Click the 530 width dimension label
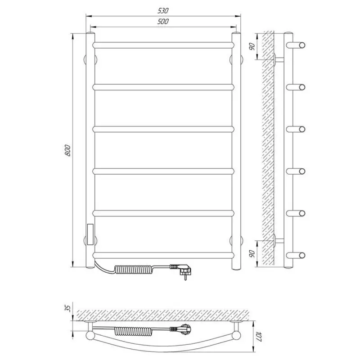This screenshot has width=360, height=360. coord(163,10)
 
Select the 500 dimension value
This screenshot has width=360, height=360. coord(163,21)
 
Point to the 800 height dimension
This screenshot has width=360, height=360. coord(68,150)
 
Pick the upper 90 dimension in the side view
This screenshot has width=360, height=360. coord(252,46)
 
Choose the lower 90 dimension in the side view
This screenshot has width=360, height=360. coord(252,253)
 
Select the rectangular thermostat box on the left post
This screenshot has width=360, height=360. coord(90,234)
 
